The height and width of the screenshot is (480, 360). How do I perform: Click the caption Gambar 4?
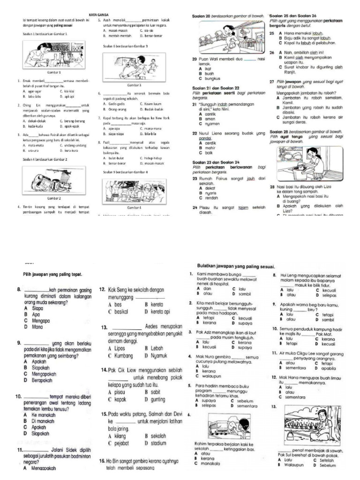click(134, 206)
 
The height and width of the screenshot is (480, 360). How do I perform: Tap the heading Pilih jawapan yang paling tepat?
click(52, 274)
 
